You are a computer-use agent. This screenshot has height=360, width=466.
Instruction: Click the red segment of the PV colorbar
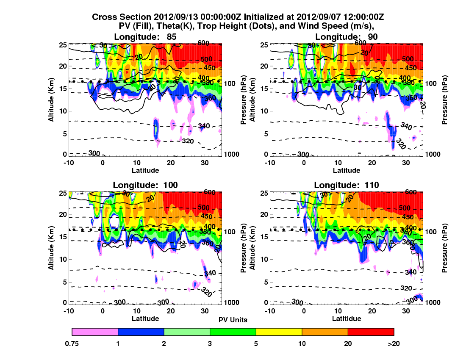pos(371,332)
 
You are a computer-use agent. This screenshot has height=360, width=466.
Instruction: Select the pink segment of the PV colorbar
pos(95,332)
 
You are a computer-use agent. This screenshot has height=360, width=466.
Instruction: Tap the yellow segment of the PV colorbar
pos(279,332)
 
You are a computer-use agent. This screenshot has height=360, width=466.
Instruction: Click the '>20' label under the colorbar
pos(394,343)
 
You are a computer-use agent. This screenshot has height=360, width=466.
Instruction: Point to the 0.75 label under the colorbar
pos(72,343)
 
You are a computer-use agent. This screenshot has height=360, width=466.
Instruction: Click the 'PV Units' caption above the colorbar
pos(233,320)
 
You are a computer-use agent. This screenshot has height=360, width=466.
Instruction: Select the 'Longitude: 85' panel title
pos(145,37)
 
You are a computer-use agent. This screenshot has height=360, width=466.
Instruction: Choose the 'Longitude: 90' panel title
pos(347,37)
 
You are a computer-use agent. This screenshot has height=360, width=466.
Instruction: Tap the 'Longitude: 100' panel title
pos(145,185)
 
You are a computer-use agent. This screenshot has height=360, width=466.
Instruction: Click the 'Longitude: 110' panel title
pos(347,185)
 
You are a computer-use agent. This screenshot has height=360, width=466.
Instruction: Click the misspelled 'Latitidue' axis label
pos(347,318)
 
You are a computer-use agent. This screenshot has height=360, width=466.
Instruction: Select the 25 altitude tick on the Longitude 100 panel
pos(65,193)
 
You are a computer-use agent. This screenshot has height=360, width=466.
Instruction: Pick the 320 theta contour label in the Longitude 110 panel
pos(406,288)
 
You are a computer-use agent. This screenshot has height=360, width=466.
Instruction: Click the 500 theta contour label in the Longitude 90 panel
pos(407,59)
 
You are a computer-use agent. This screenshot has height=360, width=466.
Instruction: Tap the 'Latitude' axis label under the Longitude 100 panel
pos(145,318)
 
